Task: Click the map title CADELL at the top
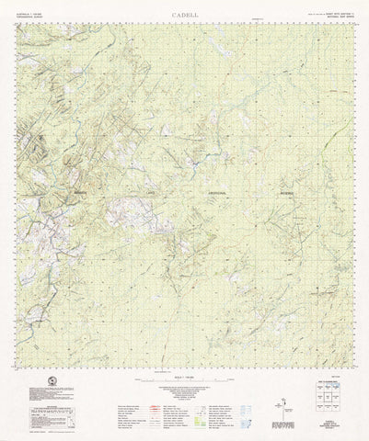click(x=184, y=16)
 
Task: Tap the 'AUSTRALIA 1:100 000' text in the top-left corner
click(x=31, y=14)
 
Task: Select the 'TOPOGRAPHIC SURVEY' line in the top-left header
click(x=31, y=18)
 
